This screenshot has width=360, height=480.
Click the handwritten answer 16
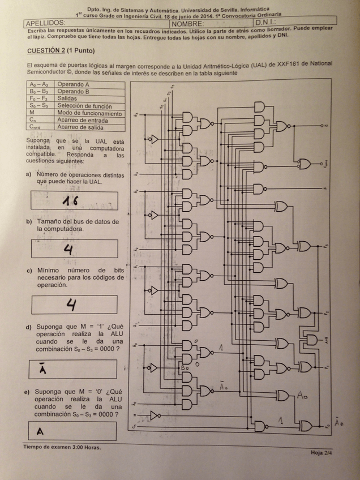click(71, 200)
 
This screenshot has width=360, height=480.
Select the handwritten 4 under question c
click(71, 305)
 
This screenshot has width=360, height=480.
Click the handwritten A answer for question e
click(40, 431)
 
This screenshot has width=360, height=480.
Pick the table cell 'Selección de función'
click(88, 106)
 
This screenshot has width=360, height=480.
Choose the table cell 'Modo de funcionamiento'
click(89, 113)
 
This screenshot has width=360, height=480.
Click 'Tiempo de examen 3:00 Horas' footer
click(62, 447)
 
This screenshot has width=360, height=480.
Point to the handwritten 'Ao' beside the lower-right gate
click(303, 395)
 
